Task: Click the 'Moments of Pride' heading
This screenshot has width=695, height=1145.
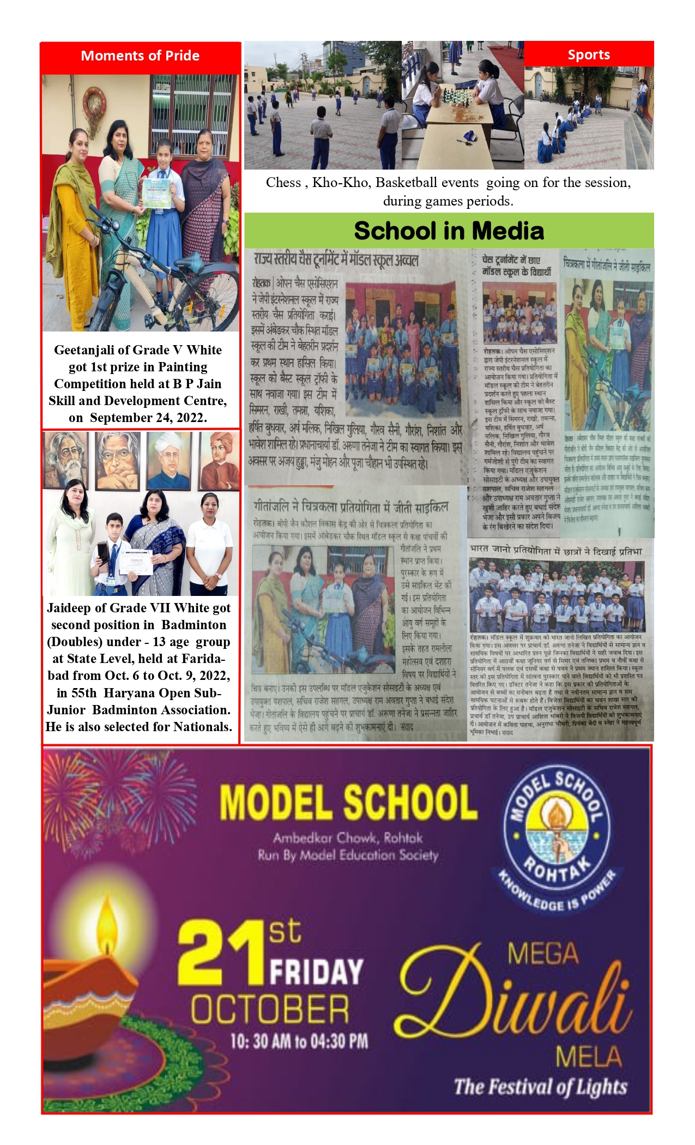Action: click(140, 56)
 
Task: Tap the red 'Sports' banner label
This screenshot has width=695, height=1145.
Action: click(589, 55)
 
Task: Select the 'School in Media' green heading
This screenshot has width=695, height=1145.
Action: click(449, 231)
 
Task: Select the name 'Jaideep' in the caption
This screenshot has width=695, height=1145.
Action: click(69, 608)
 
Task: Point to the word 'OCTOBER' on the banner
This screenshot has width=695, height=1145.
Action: click(270, 1009)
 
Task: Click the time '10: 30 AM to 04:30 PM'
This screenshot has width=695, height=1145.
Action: click(299, 1041)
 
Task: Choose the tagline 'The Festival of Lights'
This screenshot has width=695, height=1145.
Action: click(541, 1087)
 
